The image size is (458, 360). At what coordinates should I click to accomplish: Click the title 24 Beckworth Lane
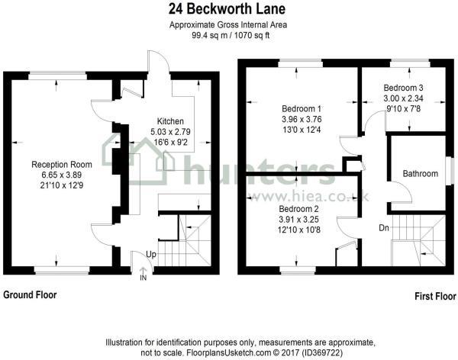click(227, 8)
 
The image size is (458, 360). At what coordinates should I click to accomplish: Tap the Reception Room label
click(62, 165)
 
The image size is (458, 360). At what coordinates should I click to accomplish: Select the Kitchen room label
click(170, 121)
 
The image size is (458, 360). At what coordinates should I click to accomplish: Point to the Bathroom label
click(421, 173)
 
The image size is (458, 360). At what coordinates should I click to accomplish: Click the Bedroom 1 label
click(302, 109)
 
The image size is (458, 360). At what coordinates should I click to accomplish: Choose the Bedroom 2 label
click(298, 209)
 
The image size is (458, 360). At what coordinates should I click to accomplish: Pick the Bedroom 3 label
click(403, 88)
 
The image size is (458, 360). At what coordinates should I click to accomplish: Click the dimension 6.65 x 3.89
click(62, 175)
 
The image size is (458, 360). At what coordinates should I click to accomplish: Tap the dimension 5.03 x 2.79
click(170, 132)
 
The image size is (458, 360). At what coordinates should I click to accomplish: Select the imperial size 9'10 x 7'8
click(403, 109)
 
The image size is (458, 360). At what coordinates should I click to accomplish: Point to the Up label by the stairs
click(151, 255)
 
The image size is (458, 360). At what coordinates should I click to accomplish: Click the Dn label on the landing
click(384, 228)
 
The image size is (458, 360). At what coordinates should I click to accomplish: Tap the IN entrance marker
click(144, 278)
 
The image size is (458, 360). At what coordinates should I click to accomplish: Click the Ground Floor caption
click(30, 295)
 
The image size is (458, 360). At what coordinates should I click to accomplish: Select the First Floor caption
click(435, 297)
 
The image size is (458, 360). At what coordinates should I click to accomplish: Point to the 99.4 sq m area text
click(205, 36)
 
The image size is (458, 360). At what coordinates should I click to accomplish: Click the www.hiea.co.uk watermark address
click(308, 197)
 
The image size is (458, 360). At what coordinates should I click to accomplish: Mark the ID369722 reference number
click(322, 352)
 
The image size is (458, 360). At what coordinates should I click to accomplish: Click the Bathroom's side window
click(452, 171)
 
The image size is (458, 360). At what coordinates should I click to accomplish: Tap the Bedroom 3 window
click(410, 63)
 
